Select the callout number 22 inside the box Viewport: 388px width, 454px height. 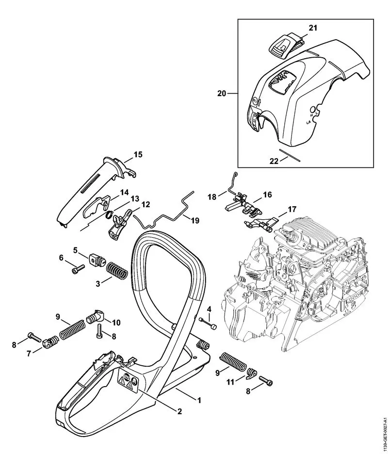[x=274, y=161]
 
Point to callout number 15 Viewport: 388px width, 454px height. [x=138, y=155]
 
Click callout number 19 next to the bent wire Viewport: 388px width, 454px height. [x=194, y=221]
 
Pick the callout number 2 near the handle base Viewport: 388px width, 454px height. [x=179, y=412]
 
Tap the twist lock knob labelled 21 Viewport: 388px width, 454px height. [x=282, y=45]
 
